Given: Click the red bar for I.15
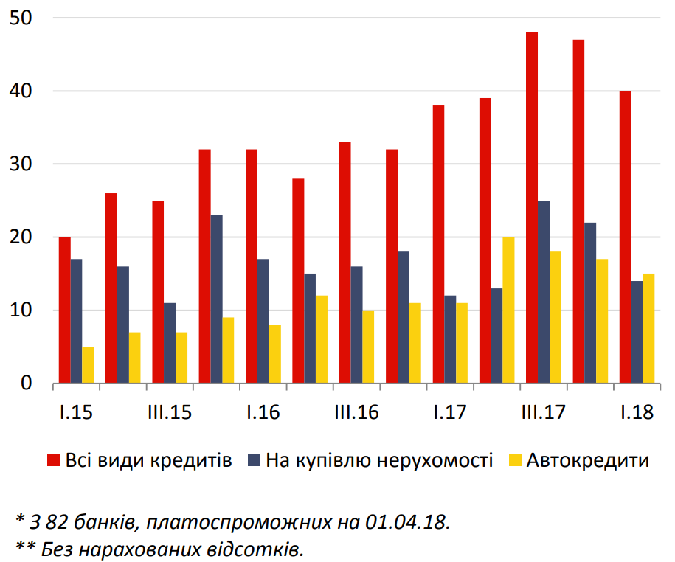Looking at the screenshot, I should [65, 310].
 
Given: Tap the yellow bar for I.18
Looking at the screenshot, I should [648, 328].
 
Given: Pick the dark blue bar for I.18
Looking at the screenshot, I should [637, 332].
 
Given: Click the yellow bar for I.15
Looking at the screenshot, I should [89, 365].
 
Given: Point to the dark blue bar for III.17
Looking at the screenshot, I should [544, 292].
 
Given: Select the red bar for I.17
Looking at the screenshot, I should [438, 244].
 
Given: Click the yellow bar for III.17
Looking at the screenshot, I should [555, 317].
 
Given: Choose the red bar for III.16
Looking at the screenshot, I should [345, 263].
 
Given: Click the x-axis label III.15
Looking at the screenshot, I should [170, 412].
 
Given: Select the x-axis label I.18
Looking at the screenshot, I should [637, 412].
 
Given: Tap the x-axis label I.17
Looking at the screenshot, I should [450, 412].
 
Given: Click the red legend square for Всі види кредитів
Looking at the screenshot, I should [53, 461].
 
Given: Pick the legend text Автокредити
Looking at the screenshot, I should [587, 461].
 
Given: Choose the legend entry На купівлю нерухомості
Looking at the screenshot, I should [378, 461].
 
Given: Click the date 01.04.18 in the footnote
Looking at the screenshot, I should [407, 521].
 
